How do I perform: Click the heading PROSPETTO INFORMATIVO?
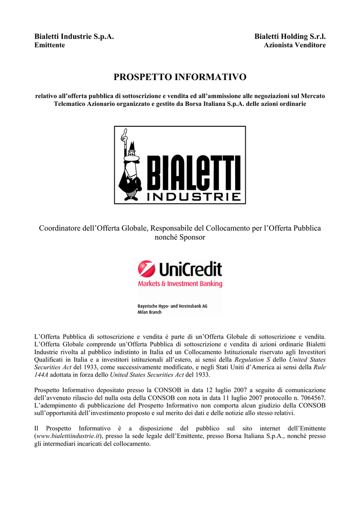pos(180,77)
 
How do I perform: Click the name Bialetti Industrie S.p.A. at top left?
pos(74,37)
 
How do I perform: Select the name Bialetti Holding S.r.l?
pos(290,37)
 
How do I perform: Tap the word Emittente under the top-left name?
pos(49,45)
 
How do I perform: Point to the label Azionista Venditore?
pos(294,45)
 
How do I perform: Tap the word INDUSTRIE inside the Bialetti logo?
pos(194,197)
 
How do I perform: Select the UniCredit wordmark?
pos(190,269)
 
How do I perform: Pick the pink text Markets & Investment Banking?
pos(180,284)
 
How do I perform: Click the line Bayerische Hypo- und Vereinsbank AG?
pos(172,306)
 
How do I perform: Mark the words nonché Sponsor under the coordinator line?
pos(180,238)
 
